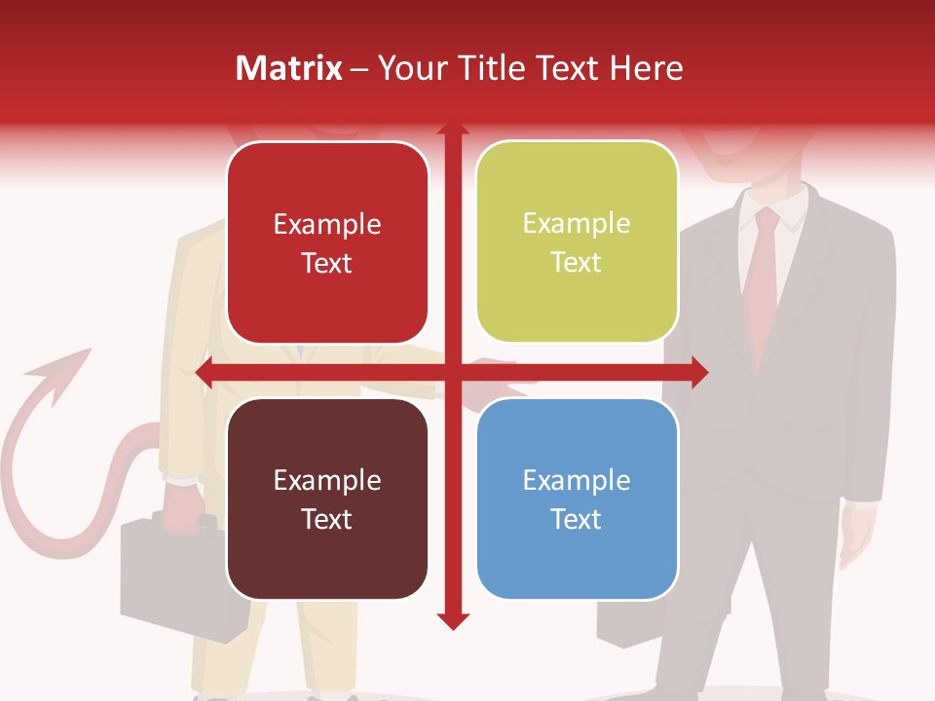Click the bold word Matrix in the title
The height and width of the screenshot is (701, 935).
288,68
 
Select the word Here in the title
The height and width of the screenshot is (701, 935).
646,68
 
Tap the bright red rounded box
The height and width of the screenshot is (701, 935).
327,242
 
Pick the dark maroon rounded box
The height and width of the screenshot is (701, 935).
327,498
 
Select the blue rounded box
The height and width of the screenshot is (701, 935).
577,498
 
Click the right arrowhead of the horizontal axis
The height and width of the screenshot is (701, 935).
698,372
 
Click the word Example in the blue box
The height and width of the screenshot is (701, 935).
577,480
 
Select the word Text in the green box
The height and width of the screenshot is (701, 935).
577,262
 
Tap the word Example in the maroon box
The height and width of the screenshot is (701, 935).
327,480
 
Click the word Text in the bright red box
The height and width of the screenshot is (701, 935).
327,263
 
